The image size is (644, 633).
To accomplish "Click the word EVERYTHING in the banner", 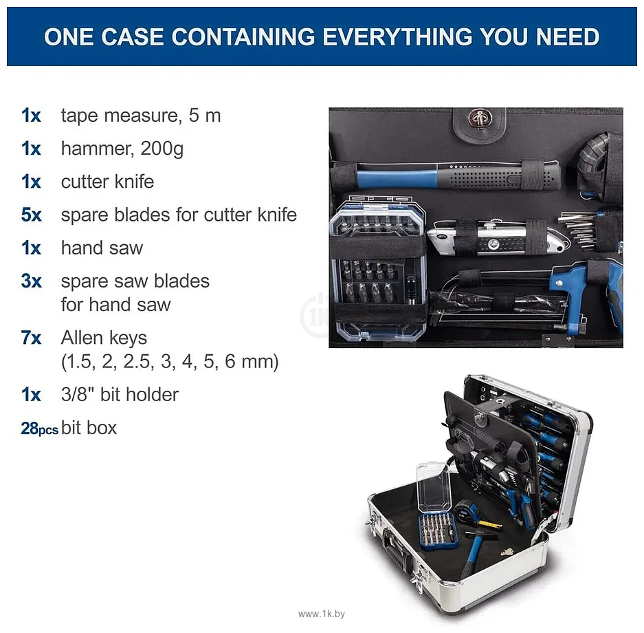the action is (397, 37).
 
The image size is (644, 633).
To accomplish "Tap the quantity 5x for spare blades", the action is (31, 215).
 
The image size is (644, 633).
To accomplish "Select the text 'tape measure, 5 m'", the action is (141, 116).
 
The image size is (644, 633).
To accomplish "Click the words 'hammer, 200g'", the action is (122, 149).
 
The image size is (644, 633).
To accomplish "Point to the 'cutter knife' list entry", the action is (107, 182).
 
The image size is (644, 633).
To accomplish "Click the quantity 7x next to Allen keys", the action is (31, 339).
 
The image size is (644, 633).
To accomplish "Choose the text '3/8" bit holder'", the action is (120, 395).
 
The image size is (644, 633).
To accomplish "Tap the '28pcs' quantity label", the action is (39, 429).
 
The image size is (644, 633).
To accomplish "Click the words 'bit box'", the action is (89, 428).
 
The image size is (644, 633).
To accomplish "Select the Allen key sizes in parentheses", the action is (170, 362).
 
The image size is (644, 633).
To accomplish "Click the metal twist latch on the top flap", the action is (479, 118).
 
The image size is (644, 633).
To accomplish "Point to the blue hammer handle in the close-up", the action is (397, 179).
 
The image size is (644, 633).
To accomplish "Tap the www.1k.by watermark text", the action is (322, 614).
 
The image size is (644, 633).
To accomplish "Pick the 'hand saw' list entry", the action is (102, 248).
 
